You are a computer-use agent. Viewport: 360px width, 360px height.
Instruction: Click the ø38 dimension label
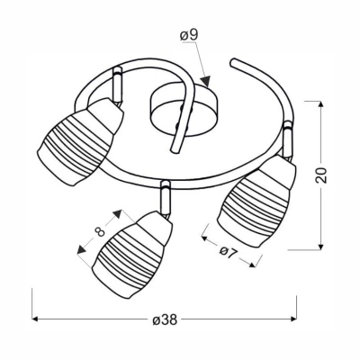click(165, 320)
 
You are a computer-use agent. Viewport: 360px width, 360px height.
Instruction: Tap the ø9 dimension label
click(189, 35)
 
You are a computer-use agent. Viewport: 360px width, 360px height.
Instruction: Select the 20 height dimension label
click(320, 175)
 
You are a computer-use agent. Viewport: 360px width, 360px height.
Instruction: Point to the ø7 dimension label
click(229, 252)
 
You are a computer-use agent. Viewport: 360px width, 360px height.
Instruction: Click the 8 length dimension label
click(100, 231)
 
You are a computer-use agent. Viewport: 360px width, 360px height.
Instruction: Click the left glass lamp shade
click(80, 141)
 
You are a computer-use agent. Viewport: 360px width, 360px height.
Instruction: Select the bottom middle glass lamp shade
click(132, 255)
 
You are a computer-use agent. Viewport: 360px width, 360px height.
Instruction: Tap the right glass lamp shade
click(256, 201)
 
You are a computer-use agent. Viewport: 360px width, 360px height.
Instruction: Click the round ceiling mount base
click(184, 110)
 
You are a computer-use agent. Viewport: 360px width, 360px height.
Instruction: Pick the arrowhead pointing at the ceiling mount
click(206, 82)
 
